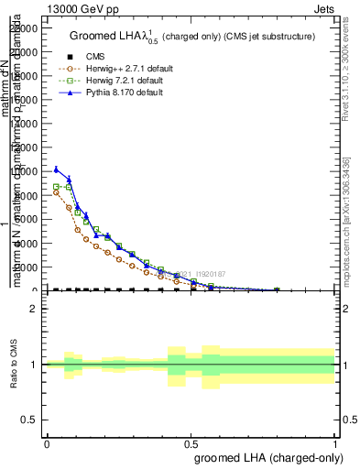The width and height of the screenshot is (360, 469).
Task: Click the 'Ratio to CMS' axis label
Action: (15, 365)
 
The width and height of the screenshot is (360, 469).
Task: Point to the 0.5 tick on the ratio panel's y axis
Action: (30, 420)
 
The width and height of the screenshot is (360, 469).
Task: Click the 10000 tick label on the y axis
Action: (25, 171)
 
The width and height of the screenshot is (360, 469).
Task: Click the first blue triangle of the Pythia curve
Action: (57, 169)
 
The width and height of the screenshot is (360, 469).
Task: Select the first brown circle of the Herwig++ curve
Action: (57, 192)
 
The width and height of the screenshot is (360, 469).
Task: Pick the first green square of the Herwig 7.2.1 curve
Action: (57, 186)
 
